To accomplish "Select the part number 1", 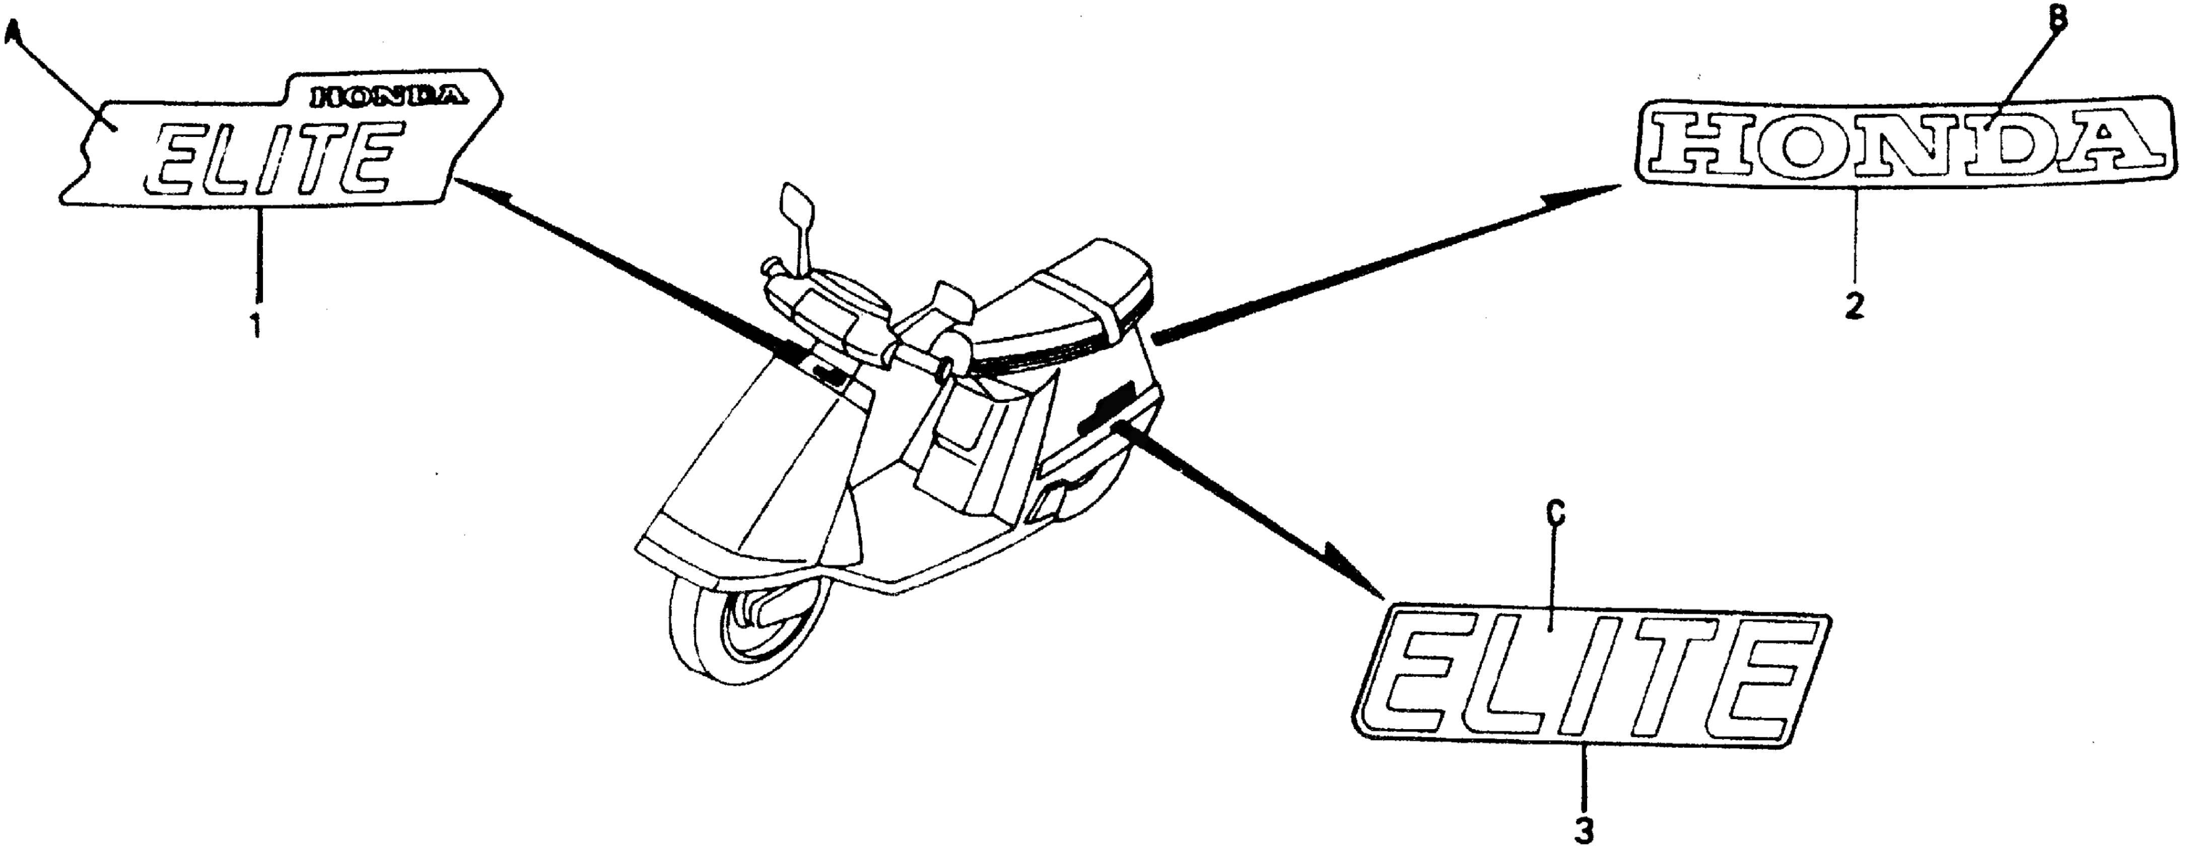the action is [255, 324].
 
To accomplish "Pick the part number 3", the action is [1584, 830].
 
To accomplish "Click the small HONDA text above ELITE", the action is [389, 97].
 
